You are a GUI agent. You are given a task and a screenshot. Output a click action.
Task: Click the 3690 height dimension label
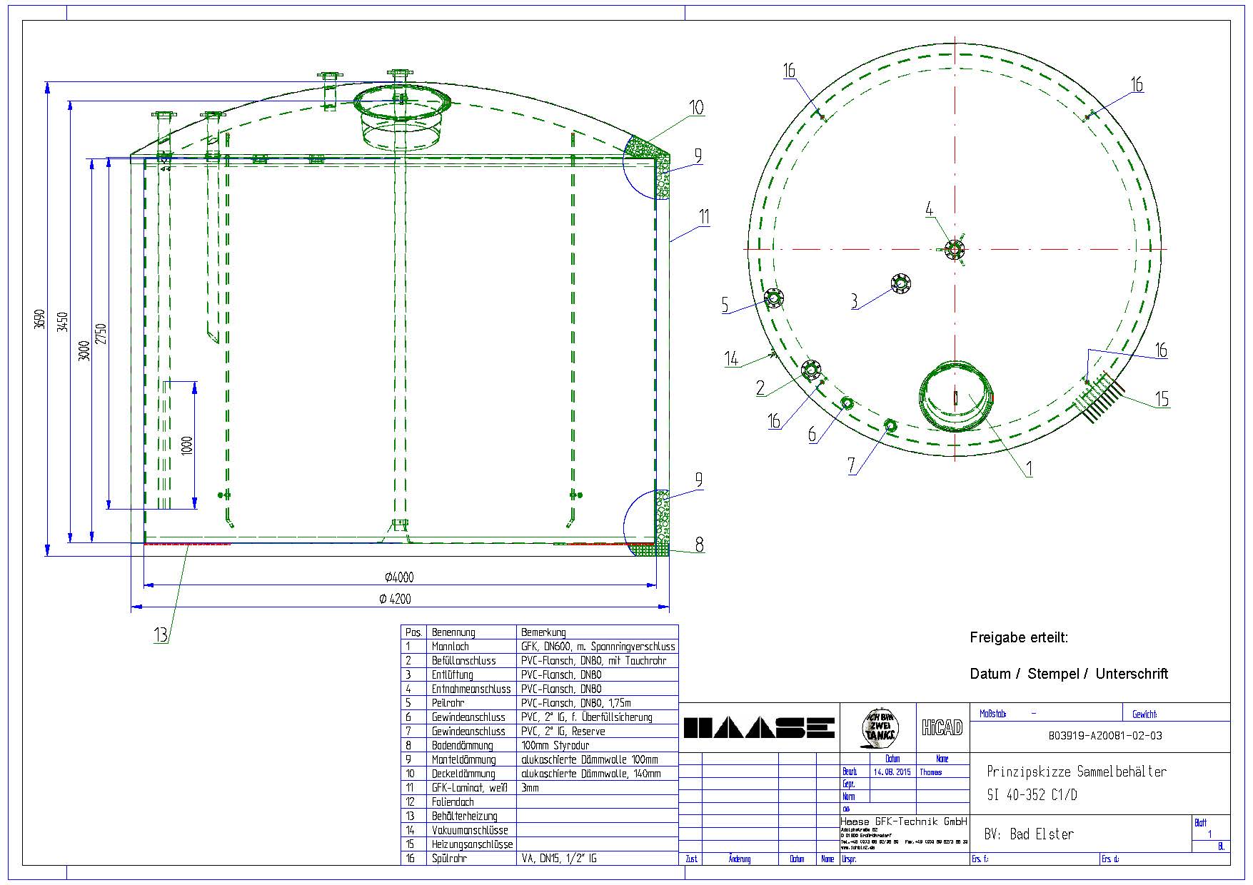pos(41,319)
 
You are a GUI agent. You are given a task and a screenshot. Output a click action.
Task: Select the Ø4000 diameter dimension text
pos(398,577)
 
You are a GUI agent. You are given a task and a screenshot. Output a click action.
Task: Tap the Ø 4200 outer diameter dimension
pos(395,600)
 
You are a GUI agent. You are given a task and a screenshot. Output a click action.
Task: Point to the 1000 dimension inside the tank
pos(187,445)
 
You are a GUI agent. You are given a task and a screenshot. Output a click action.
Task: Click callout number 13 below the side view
pos(161,634)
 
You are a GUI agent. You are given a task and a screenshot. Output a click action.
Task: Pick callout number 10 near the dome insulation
pos(696,108)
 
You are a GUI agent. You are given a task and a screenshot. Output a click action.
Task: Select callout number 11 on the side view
pos(704,217)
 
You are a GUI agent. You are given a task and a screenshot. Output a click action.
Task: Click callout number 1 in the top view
pos(1029,469)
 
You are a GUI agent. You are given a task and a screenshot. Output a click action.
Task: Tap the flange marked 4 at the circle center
pos(954,250)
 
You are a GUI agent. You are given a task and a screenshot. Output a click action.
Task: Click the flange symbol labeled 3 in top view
pos(902,283)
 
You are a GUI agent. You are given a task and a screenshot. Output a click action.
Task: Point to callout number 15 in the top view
pos(1162,399)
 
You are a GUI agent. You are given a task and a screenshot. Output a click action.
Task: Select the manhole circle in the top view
pos(955,398)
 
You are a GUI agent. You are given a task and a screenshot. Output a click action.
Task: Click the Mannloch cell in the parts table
pos(450,647)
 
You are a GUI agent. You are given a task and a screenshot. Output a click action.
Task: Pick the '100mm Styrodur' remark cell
pos(555,745)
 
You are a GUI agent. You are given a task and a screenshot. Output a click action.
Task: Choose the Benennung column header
pos(453,632)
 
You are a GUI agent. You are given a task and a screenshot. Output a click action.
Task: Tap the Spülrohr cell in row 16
pos(449,859)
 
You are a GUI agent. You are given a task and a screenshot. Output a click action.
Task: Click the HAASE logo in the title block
pos(759,728)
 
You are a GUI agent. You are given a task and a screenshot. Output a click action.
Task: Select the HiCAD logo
pos(942,728)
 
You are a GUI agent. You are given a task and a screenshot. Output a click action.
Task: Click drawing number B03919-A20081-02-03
pos(1105,736)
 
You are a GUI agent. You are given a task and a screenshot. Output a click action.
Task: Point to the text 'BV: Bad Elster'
pos(1028,834)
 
